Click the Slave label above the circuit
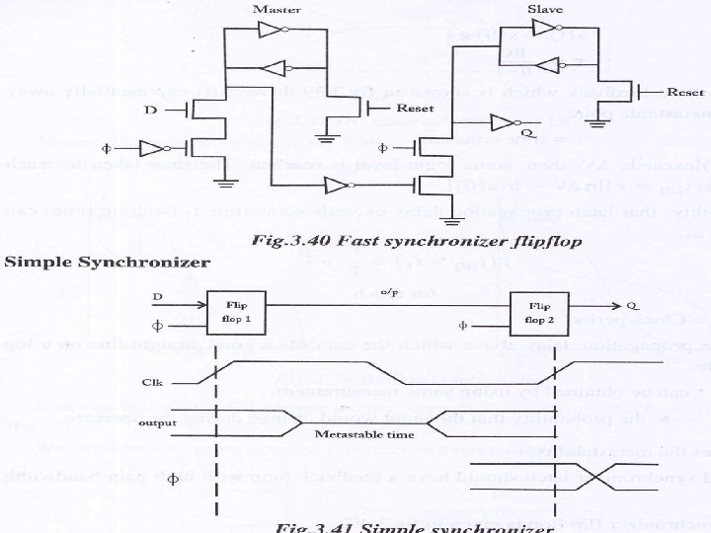point(546,9)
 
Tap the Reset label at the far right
point(684,92)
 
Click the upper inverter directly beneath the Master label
point(274,31)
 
